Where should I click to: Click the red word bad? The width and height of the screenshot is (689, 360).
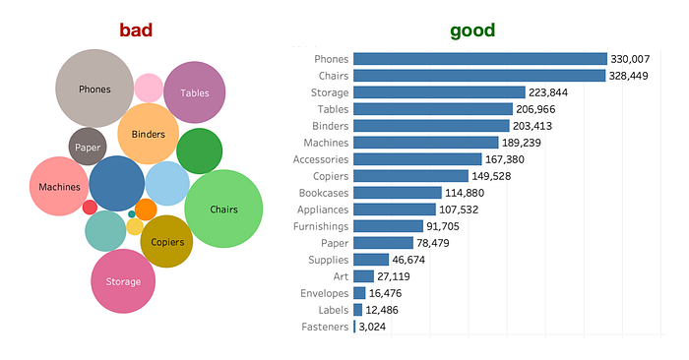pyautogui.click(x=136, y=30)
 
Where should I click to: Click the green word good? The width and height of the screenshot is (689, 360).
pyautogui.click(x=472, y=30)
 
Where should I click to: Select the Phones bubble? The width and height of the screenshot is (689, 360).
pyautogui.click(x=94, y=89)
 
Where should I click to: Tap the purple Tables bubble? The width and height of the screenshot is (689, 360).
pyautogui.click(x=194, y=92)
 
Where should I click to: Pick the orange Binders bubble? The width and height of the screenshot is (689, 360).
pyautogui.click(x=148, y=134)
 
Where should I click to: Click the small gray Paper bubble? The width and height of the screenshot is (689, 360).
pyautogui.click(x=88, y=147)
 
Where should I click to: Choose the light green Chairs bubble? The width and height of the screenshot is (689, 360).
pyautogui.click(x=223, y=209)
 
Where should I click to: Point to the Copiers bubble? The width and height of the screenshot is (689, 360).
pyautogui.click(x=166, y=241)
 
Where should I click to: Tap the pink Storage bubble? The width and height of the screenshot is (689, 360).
pyautogui.click(x=123, y=281)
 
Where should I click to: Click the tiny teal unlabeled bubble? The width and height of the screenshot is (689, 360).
pyautogui.click(x=131, y=214)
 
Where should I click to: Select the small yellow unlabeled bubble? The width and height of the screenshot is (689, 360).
pyautogui.click(x=135, y=227)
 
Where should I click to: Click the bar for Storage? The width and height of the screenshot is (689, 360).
pyautogui.click(x=439, y=92)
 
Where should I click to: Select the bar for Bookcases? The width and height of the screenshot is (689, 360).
pyautogui.click(x=398, y=193)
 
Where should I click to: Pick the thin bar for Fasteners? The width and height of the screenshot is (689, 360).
pyautogui.click(x=354, y=327)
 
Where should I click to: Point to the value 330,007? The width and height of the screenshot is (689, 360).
pyautogui.click(x=630, y=59)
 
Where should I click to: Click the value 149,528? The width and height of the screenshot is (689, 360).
pyautogui.click(x=491, y=176)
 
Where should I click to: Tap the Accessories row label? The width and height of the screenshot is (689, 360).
pyautogui.click(x=321, y=159)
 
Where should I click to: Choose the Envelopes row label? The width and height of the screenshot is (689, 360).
pyautogui.click(x=324, y=293)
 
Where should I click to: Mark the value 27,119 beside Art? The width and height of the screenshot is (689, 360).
pyautogui.click(x=394, y=276)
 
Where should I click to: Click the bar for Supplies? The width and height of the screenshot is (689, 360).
pyautogui.click(x=371, y=260)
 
